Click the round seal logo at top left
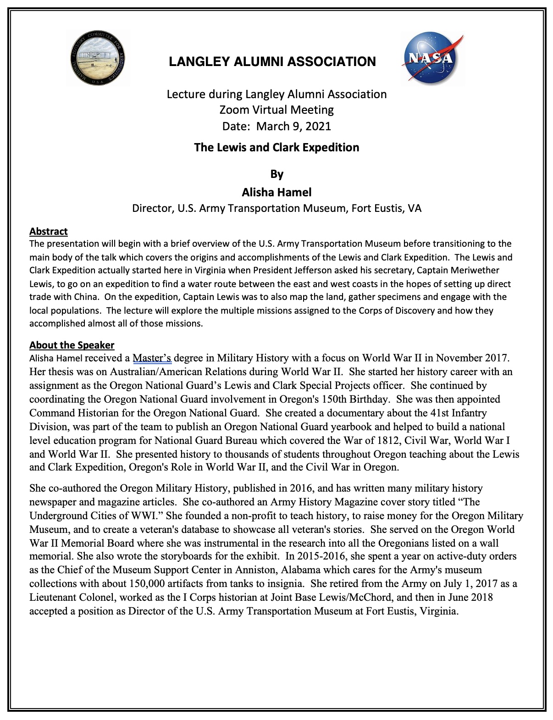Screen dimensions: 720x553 coord(98,58)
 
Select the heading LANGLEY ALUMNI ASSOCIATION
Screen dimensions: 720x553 coord(272,62)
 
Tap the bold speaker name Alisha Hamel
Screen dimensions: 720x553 coord(276,193)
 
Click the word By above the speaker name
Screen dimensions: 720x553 coord(276,174)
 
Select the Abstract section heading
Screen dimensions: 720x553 coord(49,232)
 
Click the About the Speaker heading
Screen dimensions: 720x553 coord(72,345)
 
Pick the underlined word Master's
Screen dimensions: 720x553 coord(152,358)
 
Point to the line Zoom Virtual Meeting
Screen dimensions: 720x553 coord(276,110)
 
